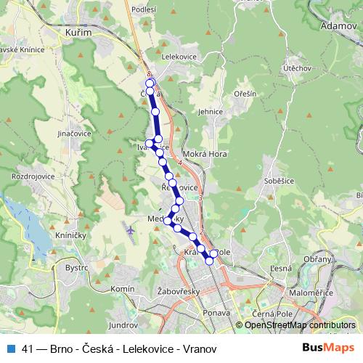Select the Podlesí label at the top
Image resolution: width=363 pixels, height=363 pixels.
tap(144, 9)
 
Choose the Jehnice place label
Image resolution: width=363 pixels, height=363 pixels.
tap(210, 112)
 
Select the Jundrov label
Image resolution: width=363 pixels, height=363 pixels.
tap(123, 325)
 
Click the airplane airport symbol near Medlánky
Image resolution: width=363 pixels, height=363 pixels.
tap(131, 230)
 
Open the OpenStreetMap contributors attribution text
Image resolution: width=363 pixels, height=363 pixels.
tap(299, 325)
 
